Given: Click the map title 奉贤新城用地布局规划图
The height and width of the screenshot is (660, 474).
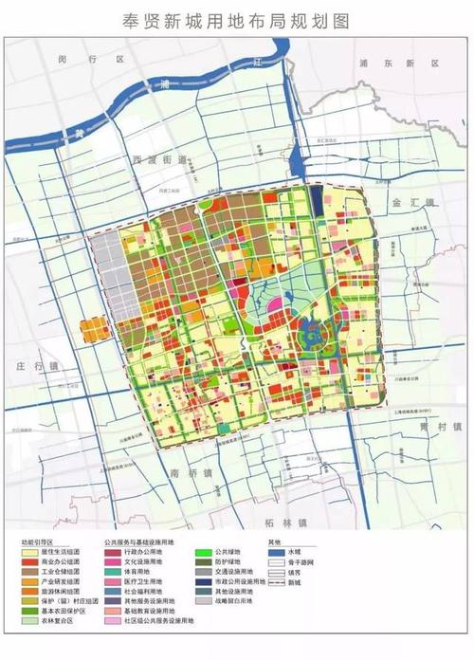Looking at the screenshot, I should [x=237, y=18].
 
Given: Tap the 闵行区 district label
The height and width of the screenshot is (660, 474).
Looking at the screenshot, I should [x=105, y=60].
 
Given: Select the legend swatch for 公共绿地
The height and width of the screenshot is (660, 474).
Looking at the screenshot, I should [x=202, y=553].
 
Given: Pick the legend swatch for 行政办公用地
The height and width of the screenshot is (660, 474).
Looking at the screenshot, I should [x=113, y=553].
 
